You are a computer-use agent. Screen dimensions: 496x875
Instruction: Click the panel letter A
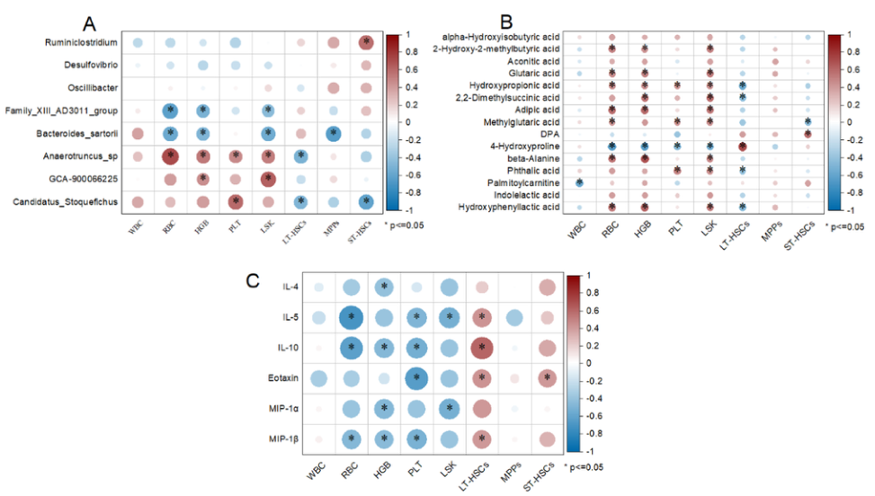tap(90, 22)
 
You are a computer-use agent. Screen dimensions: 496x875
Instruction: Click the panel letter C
tap(254, 280)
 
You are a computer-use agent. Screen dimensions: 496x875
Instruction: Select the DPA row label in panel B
tap(551, 133)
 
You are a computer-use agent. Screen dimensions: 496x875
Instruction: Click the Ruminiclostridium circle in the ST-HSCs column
tap(366, 42)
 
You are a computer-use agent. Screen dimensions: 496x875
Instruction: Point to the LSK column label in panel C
tap(447, 468)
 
